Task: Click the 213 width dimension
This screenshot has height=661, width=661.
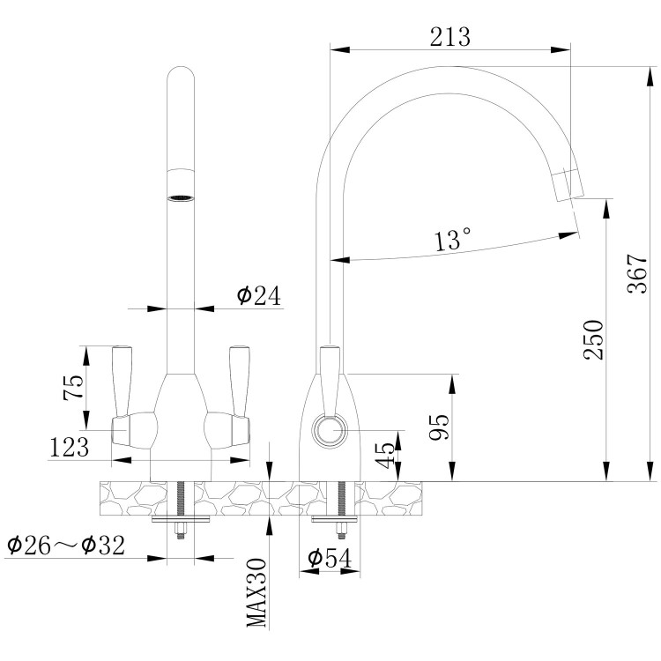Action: [x=449, y=37]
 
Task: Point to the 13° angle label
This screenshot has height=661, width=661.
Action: [x=453, y=239]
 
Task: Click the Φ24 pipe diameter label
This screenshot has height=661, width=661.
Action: [x=258, y=296]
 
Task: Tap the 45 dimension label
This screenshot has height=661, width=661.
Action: [x=385, y=456]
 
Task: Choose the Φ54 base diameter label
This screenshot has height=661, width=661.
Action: [x=330, y=558]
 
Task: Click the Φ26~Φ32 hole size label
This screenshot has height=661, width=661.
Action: [x=65, y=546]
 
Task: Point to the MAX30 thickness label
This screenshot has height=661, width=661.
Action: [x=256, y=593]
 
